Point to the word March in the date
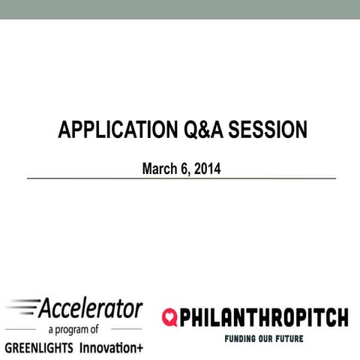click(159, 169)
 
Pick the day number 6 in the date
click(185, 169)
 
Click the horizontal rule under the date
click(181, 179)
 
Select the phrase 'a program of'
click(73, 328)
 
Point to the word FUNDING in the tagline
click(241, 338)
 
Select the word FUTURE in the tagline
click(287, 338)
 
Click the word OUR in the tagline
click(265, 338)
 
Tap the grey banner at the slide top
click(180, 9)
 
